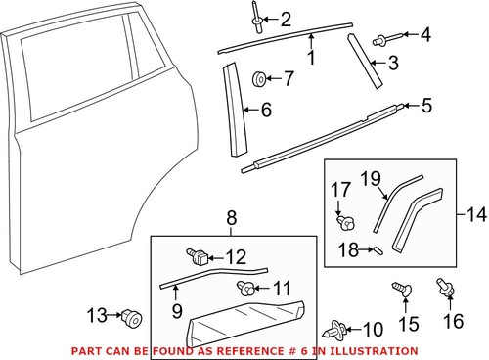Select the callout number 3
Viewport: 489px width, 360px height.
tap(393, 66)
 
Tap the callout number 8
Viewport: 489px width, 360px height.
tap(232, 217)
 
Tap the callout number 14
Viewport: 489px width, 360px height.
tap(475, 212)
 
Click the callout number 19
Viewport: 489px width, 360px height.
tap(369, 177)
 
